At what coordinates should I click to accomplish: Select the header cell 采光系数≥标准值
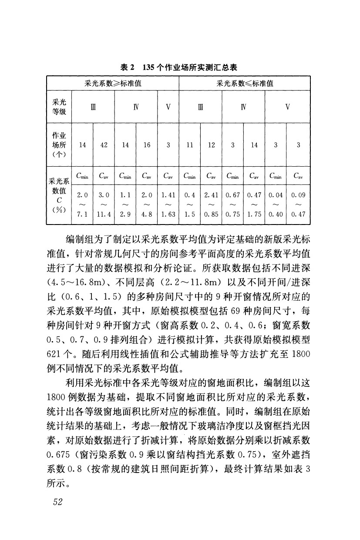[x=113, y=83]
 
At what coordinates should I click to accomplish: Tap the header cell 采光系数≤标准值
[x=245, y=83]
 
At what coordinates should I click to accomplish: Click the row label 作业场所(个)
[x=57, y=145]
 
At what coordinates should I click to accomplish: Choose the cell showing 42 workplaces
[x=104, y=145]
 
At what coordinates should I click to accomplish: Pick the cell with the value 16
[x=147, y=145]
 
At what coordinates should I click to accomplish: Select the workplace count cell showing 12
[x=211, y=145]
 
